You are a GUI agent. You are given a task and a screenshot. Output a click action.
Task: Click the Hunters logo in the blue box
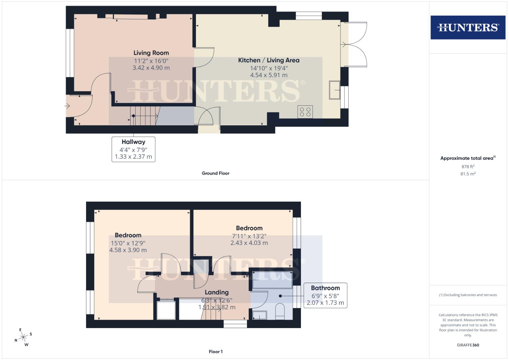coord(468,27)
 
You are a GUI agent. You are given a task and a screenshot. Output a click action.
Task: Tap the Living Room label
coord(151,53)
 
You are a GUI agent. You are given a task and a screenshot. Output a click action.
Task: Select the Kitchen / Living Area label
coord(269,60)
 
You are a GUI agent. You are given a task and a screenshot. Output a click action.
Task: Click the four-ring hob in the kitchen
coord(305,112)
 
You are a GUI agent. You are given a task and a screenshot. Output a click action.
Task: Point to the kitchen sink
coord(334,90)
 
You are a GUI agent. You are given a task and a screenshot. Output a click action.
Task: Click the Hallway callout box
coord(133,149)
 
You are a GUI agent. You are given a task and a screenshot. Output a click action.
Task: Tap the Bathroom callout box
coord(325,295)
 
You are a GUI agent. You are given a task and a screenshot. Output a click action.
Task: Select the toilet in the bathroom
coord(280,311)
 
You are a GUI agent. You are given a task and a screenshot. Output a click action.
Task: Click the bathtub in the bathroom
coord(272,279)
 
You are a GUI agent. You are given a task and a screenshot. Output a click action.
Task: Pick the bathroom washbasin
coord(259,315)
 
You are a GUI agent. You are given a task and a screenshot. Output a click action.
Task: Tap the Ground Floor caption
coord(215,173)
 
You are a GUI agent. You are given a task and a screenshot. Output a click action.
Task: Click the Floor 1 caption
coord(215,352)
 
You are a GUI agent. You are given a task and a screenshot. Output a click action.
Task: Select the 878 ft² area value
coord(468,167)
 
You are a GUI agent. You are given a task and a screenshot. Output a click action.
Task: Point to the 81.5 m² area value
coord(468,174)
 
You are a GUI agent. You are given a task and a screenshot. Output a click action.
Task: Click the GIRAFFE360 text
coord(468,345)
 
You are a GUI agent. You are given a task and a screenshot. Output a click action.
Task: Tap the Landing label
coord(217,292)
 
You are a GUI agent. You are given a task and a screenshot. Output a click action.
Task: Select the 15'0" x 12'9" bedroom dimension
coord(128,243)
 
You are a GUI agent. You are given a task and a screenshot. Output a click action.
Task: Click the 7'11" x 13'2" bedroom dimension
coord(249,236)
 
